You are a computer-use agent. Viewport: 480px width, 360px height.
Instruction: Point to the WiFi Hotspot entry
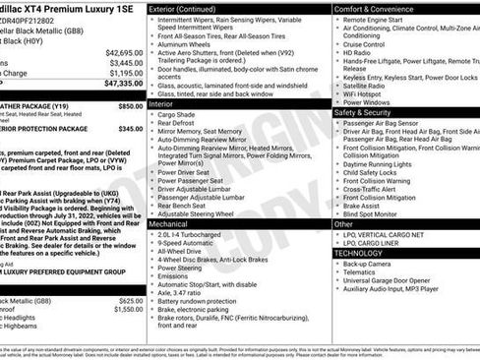[369, 91]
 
